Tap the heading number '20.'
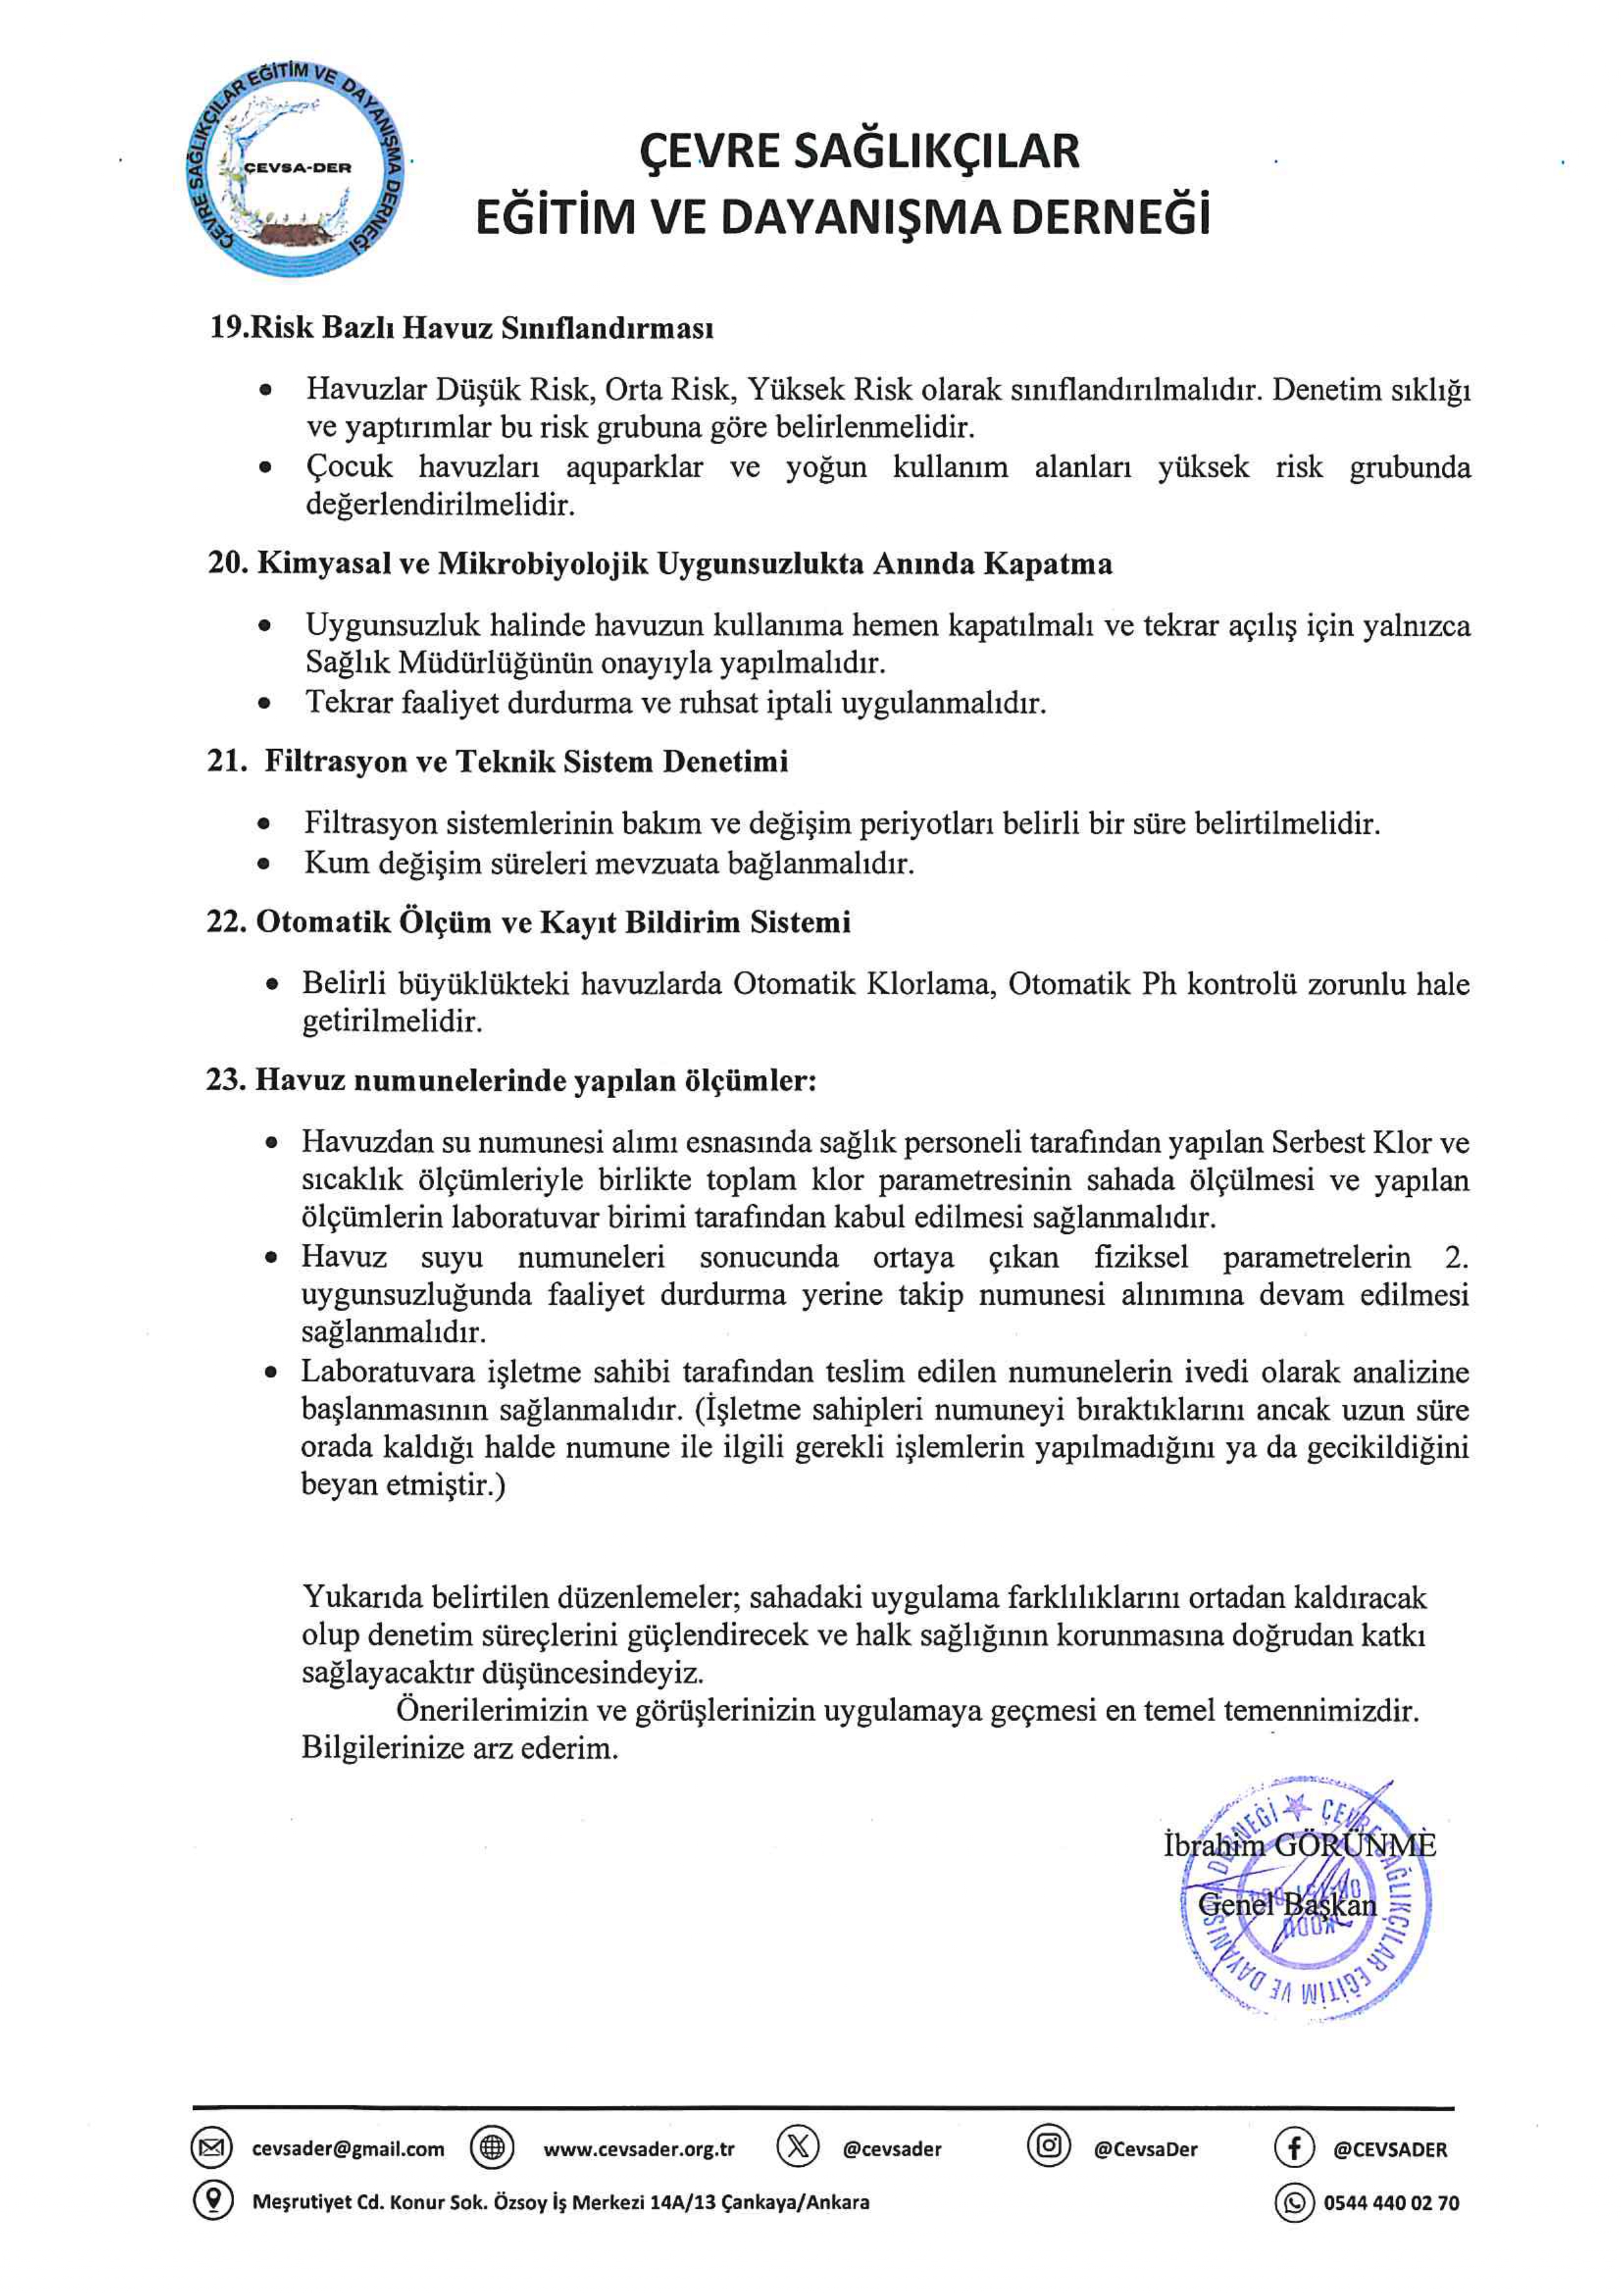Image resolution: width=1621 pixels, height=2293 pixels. [227, 564]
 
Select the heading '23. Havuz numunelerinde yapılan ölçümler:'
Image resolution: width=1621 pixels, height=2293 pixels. [510, 1080]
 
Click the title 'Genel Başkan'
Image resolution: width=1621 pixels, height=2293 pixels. [1286, 1905]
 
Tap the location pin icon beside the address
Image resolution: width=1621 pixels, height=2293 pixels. [212, 2201]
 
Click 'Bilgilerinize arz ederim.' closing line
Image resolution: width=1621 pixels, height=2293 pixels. [460, 1749]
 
